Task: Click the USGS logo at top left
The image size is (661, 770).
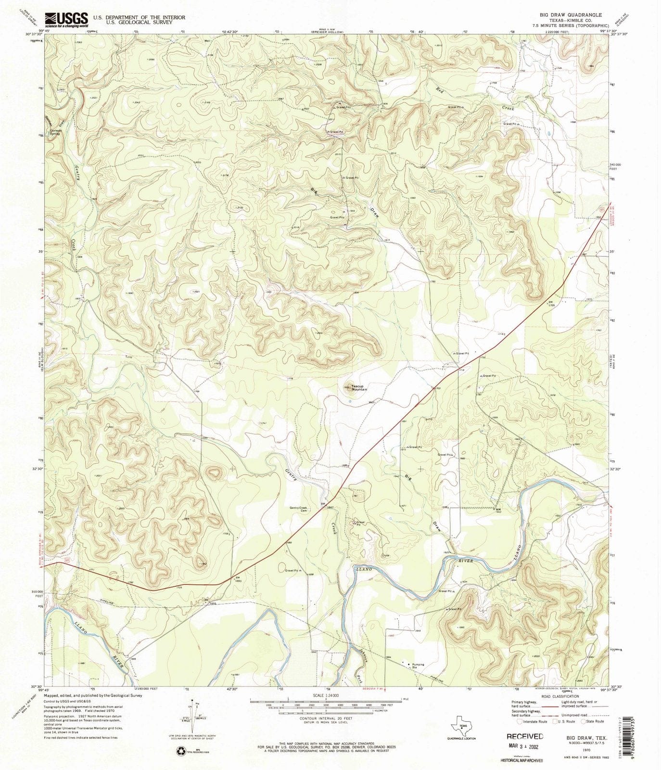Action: [66, 19]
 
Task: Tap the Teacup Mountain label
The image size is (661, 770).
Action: [359, 387]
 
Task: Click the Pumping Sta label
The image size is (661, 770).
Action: [418, 666]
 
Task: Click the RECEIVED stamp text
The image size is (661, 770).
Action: [525, 736]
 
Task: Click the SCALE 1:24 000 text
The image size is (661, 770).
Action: [326, 695]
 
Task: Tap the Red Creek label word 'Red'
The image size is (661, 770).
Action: [440, 90]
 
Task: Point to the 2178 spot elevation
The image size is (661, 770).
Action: [225, 176]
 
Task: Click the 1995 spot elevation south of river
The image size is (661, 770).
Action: [461, 628]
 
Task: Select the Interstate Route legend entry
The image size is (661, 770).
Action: [531, 721]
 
